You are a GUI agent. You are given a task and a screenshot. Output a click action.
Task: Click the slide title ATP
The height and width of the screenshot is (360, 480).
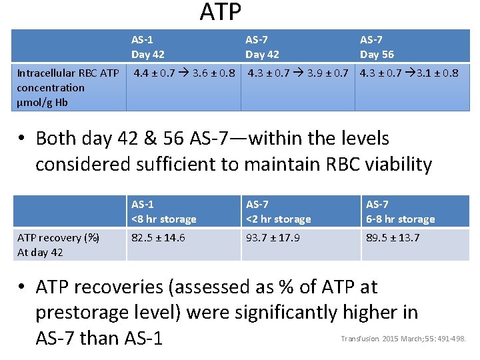221,11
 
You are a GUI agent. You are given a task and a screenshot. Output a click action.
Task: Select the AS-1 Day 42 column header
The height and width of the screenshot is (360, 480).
147,47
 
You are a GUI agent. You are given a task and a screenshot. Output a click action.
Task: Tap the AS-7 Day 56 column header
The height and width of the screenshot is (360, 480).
377,47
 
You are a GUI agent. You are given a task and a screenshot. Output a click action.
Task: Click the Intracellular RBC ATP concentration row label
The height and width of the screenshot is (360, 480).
68,87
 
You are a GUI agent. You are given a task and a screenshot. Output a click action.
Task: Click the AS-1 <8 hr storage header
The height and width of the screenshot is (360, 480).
163,211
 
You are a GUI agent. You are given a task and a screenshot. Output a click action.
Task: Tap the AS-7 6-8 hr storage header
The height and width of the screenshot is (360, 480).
400,211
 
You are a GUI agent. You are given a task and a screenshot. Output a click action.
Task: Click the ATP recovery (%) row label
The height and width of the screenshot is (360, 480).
59,244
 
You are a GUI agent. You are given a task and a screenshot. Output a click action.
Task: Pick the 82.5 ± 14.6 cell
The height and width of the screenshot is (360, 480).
158,237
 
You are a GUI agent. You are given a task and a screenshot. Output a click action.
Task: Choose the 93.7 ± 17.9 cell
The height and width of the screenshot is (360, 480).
273,237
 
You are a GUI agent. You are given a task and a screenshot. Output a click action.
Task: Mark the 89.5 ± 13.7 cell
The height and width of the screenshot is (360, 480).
393,237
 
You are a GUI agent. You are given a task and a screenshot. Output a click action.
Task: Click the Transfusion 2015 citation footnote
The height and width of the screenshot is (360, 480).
403,339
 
